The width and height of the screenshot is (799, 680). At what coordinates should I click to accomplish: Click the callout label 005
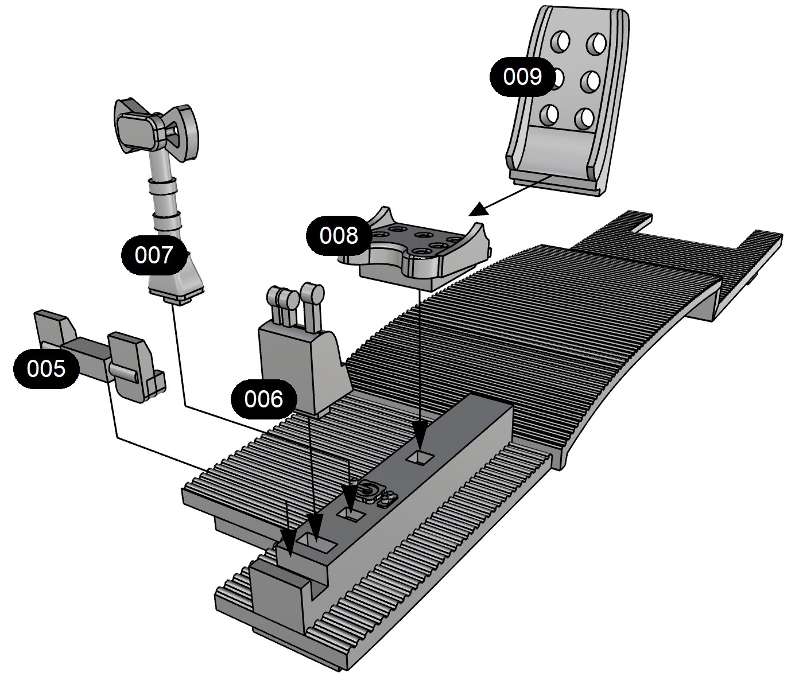(46, 368)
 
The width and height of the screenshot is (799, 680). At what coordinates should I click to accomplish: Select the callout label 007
(154, 255)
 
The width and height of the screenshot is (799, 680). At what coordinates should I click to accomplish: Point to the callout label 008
(339, 235)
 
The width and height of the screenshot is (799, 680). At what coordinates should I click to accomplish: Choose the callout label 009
(522, 76)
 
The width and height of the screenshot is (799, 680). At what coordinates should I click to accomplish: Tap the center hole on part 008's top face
(423, 236)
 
